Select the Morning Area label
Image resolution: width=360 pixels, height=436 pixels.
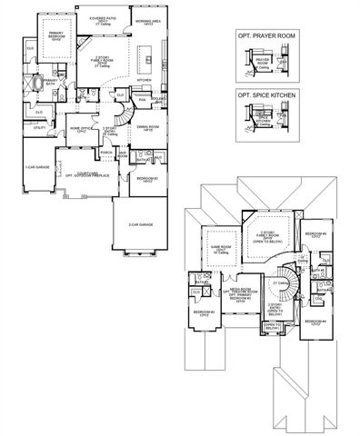tap(147, 20)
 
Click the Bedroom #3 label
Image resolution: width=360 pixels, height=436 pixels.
tap(205, 315)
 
